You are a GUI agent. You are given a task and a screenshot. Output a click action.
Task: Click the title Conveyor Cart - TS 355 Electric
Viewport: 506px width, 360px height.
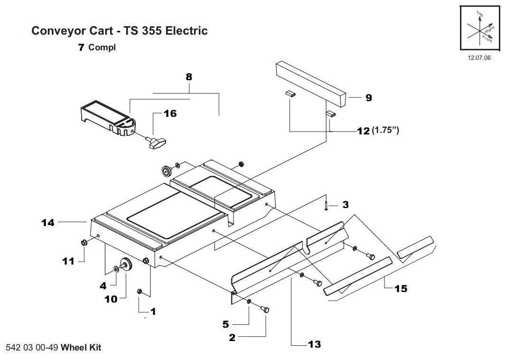[x=119, y=31]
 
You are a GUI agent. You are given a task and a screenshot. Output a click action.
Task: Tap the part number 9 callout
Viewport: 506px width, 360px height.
[x=368, y=98]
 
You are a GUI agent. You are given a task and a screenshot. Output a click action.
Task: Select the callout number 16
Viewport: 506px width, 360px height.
[x=169, y=114]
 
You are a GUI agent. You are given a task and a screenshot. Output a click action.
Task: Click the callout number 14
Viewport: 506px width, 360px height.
[x=48, y=222]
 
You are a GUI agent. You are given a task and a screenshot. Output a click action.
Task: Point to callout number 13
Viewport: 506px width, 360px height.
[x=314, y=344]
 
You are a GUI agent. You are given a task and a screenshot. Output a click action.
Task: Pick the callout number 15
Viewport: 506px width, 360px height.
[x=401, y=288]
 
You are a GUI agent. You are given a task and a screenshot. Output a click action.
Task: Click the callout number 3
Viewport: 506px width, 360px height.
[x=346, y=205]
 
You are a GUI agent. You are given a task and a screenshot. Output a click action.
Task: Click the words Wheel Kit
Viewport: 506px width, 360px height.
[x=81, y=348]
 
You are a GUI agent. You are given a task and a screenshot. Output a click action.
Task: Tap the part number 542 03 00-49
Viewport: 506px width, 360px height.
[x=33, y=348]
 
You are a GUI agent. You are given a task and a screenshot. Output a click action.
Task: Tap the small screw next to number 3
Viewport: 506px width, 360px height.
[x=327, y=205]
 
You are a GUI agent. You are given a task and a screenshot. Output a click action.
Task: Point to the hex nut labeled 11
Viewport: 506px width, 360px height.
[x=84, y=242]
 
